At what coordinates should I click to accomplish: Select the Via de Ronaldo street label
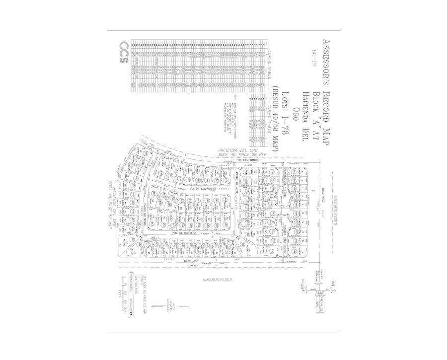[x=184, y=232]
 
